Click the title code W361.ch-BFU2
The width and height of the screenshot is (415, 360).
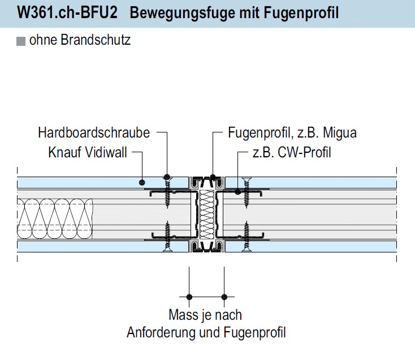67,13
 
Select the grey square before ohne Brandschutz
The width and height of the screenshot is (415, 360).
21,41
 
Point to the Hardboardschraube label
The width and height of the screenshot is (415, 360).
94,133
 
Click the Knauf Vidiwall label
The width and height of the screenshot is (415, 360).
88,152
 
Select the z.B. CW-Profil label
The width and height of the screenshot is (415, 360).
291,152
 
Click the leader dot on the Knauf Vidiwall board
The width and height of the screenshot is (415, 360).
141,182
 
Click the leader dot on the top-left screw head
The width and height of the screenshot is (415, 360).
167,177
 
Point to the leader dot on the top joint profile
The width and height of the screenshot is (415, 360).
213,177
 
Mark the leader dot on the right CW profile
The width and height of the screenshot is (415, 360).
238,192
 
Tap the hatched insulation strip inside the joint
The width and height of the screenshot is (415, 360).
207,215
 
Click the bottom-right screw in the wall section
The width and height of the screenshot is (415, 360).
247,238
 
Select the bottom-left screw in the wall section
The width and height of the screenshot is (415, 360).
167,238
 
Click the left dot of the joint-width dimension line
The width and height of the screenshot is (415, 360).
189,296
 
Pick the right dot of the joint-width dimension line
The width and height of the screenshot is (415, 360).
224,296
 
